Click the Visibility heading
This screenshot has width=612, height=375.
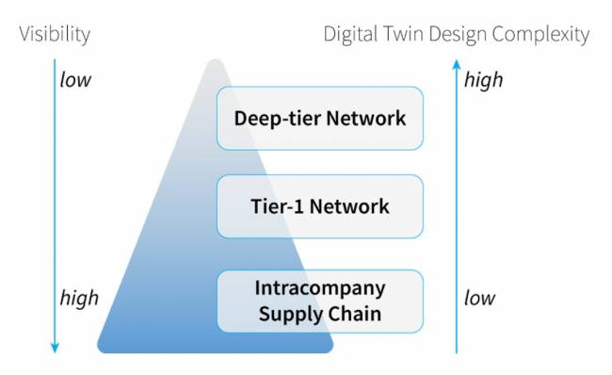(x=55, y=35)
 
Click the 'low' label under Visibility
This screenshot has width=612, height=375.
(x=75, y=80)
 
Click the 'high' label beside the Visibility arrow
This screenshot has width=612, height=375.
(x=79, y=299)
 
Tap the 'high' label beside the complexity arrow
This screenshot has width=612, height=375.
(x=484, y=80)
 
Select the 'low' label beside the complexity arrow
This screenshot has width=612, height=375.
(x=480, y=299)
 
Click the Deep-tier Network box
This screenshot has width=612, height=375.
(x=319, y=119)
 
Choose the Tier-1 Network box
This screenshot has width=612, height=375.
(x=319, y=206)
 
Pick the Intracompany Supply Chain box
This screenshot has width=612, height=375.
(x=319, y=300)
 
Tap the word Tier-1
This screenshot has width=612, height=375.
(x=277, y=206)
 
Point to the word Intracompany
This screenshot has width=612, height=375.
(x=320, y=286)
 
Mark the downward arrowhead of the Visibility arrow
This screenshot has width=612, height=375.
(x=55, y=348)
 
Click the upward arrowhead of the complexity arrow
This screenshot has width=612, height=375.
(x=457, y=64)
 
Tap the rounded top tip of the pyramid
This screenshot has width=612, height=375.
(x=216, y=64)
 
